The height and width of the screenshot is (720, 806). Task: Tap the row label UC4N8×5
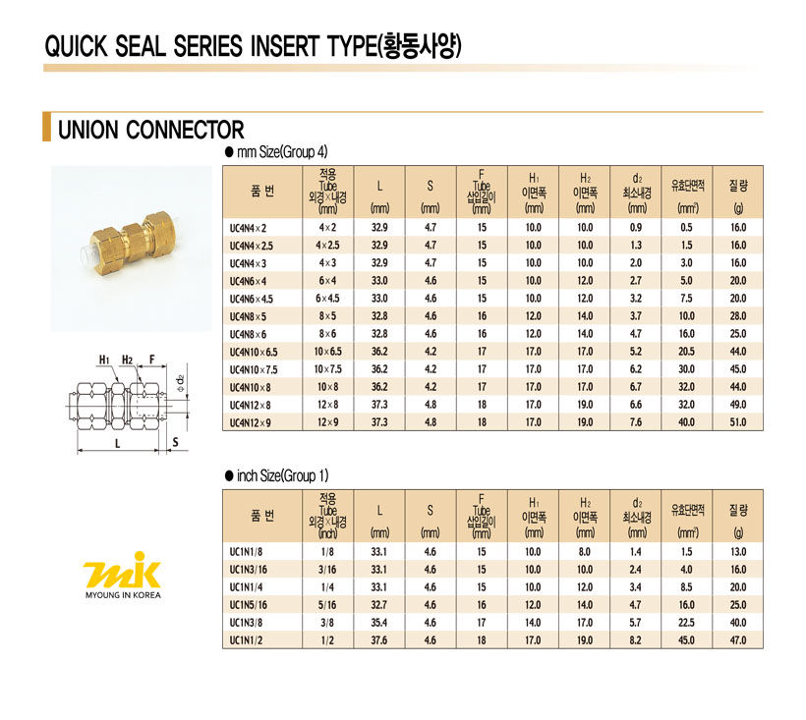click(x=248, y=316)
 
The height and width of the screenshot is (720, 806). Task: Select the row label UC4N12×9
click(x=250, y=422)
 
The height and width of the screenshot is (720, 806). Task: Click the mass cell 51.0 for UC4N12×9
click(x=737, y=422)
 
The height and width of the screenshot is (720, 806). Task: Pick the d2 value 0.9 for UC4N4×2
click(x=636, y=228)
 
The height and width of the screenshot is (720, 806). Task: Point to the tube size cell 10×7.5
click(x=327, y=369)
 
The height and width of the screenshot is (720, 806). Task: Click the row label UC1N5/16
click(x=249, y=605)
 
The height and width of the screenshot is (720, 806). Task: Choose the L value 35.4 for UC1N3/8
click(x=378, y=623)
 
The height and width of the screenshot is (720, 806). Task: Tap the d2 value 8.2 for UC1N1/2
click(x=636, y=640)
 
